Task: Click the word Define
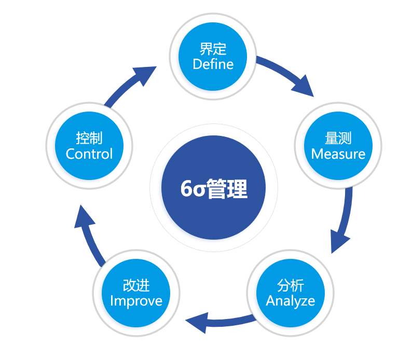click(x=213, y=64)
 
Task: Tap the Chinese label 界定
click(x=213, y=49)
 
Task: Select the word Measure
click(x=338, y=154)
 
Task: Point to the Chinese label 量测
click(x=338, y=138)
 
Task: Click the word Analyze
click(x=290, y=301)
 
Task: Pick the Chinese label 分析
click(x=291, y=285)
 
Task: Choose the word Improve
click(x=136, y=301)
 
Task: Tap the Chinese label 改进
click(x=136, y=285)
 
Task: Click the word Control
click(x=89, y=154)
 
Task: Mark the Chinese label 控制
click(x=89, y=138)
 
